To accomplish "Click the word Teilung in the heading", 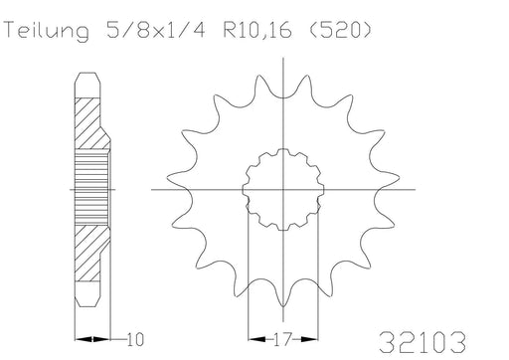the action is click(47, 31).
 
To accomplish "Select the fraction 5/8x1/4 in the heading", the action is click(155, 30).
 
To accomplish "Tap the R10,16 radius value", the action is click(257, 31).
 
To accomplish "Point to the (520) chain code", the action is click(341, 31).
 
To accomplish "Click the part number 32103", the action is click(423, 342).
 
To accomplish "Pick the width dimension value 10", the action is click(135, 339).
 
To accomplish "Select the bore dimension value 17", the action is click(282, 339).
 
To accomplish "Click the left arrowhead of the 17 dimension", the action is click(256, 339).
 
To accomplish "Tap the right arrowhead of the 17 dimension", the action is click(309, 339).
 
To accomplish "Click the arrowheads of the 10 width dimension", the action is click(91, 339).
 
